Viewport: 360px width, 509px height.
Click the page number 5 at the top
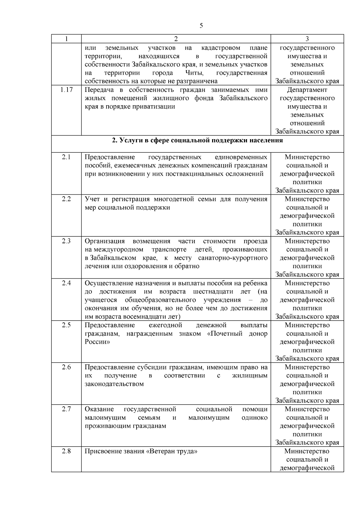[201, 26]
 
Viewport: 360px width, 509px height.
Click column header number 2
[176, 39]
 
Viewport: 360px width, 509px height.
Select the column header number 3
[307, 39]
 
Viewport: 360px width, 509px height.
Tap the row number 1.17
[66, 90]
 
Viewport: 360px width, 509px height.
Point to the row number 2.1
[66, 157]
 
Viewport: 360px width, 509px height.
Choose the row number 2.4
[66, 283]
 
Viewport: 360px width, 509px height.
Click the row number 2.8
[66, 451]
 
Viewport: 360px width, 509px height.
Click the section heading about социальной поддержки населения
[197, 140]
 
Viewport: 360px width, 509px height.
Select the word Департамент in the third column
[307, 90]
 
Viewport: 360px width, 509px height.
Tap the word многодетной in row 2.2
[174, 199]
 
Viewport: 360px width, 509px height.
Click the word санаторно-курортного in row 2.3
[233, 258]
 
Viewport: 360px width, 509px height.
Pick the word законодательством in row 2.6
[114, 384]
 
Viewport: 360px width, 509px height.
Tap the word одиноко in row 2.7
[255, 418]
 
